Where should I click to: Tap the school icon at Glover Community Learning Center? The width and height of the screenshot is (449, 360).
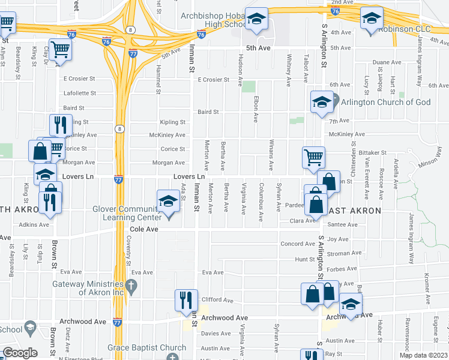169,201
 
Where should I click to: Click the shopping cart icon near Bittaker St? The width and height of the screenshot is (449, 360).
313,158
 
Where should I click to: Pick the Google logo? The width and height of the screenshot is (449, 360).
20,353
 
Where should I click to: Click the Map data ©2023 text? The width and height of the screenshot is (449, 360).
423,355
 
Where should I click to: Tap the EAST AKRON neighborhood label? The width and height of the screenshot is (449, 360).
354,211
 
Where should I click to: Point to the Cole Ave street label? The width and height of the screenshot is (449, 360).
144,229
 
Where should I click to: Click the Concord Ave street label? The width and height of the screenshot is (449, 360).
298,244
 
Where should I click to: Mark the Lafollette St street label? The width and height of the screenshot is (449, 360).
80,93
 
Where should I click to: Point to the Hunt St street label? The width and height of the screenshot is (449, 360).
304,259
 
